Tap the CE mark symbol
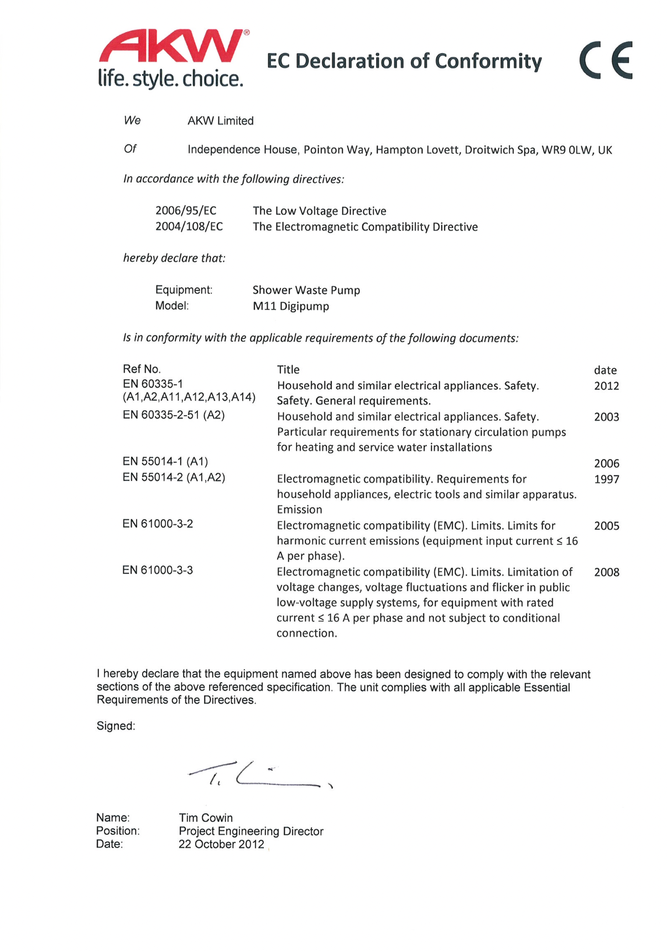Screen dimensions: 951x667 (x=606, y=60)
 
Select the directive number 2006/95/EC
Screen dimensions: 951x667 (x=186, y=210)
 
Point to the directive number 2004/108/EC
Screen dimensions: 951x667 (x=189, y=226)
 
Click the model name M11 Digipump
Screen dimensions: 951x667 (x=290, y=306)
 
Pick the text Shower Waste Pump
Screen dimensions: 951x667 (x=306, y=290)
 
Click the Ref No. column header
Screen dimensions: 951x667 (x=142, y=369)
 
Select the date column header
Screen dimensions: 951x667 (x=605, y=370)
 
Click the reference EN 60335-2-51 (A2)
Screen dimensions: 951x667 (x=174, y=415)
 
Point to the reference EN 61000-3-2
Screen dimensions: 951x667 (x=158, y=524)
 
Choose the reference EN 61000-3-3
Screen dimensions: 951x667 (x=158, y=570)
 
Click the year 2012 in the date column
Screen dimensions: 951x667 (x=606, y=386)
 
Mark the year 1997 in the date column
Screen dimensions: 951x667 (x=606, y=479)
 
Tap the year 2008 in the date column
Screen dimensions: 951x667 (x=606, y=572)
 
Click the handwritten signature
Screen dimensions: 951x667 (x=260, y=774)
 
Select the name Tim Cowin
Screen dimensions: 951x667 (x=206, y=818)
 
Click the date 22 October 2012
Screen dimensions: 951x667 (x=221, y=844)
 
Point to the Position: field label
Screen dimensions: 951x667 (x=118, y=831)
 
